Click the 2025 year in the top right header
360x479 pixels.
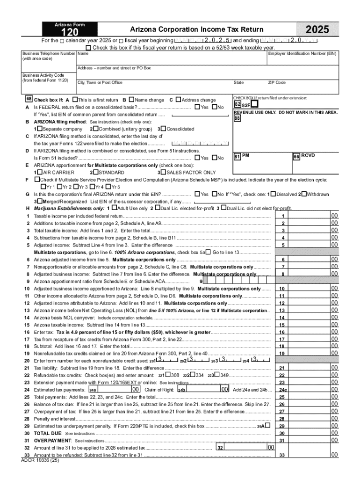[319, 29]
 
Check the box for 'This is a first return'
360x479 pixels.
[75, 100]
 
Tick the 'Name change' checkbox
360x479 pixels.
[131, 100]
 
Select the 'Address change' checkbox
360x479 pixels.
[178, 100]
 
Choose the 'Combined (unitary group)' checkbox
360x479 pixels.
[95, 128]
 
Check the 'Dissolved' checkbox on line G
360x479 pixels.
[273, 194]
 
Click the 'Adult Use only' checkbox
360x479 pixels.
[115, 208]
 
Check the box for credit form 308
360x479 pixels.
[168, 375]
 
